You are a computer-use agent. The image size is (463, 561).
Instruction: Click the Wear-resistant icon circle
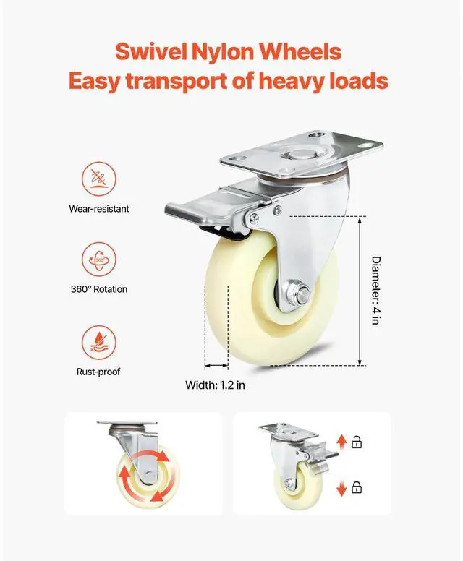coord(99,179)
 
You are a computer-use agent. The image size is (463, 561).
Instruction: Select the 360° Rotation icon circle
coord(99,260)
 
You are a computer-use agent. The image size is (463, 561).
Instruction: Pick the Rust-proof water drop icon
coord(99,343)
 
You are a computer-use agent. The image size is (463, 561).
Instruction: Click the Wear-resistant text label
coord(99,209)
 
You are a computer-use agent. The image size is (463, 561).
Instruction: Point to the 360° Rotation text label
coord(99,289)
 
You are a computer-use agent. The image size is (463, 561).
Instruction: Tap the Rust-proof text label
coord(98,372)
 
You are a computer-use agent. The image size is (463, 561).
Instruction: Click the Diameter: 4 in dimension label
coord(375,290)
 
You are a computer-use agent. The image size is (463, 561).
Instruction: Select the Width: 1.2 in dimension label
coord(215,385)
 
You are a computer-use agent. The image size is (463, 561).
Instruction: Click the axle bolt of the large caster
coord(299,295)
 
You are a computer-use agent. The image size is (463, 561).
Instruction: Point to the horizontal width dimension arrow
coord(216,366)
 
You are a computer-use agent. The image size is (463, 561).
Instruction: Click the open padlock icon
coord(356,442)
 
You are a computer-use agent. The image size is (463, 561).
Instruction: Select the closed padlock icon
coord(356,487)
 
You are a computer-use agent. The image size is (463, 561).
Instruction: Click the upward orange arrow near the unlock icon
coord(342,442)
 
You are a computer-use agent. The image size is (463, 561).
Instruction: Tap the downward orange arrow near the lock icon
coord(342,488)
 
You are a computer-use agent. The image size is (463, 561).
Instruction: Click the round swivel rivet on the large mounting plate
coord(300,155)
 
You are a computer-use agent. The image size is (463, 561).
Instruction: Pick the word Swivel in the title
coord(150,52)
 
